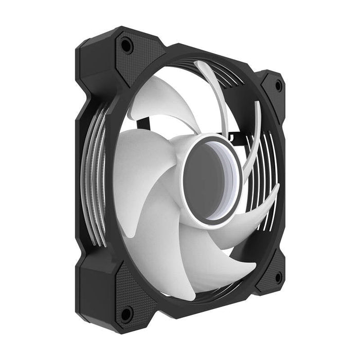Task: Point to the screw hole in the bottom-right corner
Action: [278, 278]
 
